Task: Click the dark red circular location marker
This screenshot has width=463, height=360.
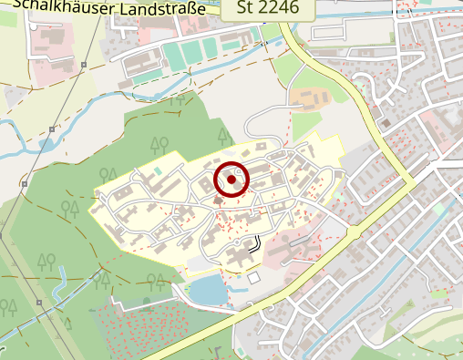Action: (231, 180)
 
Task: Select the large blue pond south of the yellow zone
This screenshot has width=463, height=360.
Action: (208, 291)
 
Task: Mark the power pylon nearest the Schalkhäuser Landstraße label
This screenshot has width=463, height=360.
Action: (83, 65)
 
